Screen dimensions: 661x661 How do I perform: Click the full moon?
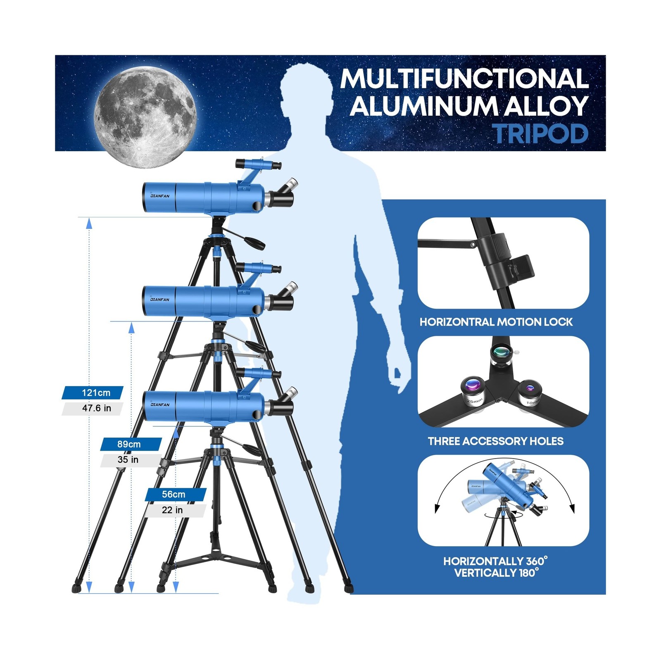tap(145, 118)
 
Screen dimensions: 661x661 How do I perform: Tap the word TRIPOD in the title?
tap(540, 133)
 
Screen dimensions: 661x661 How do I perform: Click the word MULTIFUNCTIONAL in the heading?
tap(465, 78)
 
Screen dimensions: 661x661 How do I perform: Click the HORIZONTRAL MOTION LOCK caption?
tap(496, 322)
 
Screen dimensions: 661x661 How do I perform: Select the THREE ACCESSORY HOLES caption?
tap(496, 441)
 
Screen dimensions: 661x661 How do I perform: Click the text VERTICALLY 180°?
tap(497, 573)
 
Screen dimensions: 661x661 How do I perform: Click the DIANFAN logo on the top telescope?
tap(160, 196)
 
